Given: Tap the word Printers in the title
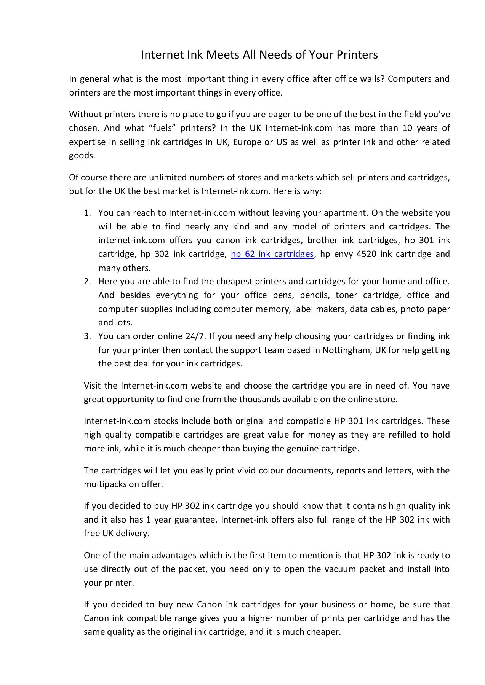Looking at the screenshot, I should coord(357,55).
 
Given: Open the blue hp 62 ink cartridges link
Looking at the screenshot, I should coord(272,254).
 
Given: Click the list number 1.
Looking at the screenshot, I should coord(87,213).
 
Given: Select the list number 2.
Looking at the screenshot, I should coord(87,282).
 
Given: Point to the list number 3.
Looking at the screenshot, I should coord(87,336).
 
